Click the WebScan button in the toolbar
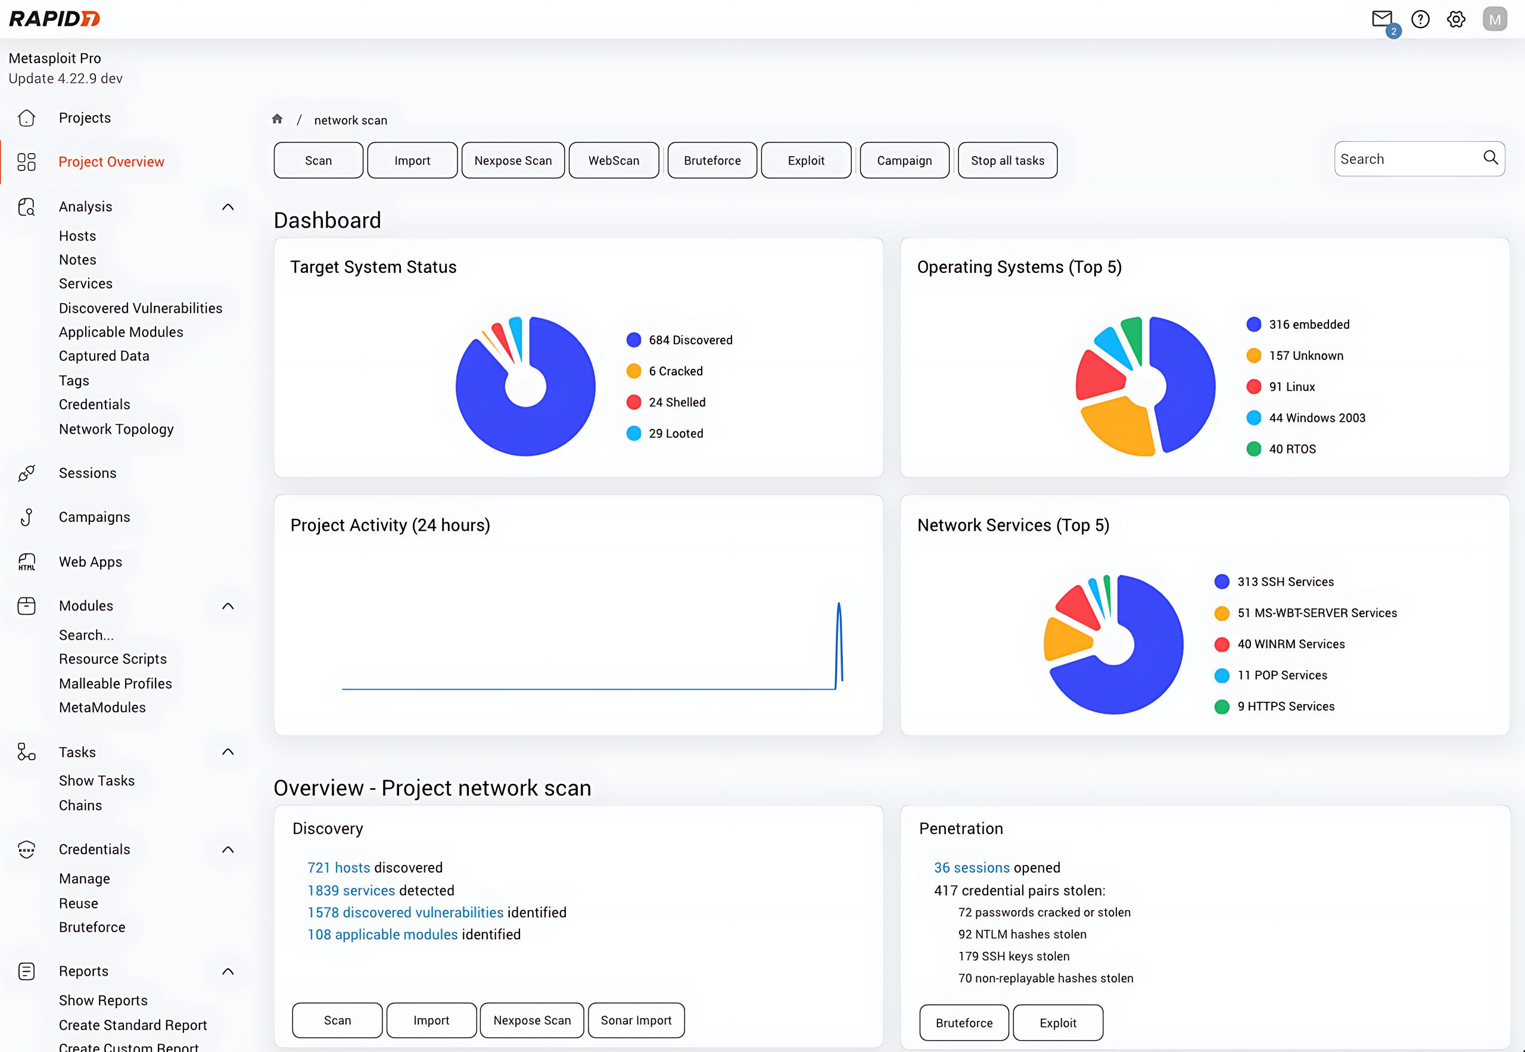click(614, 160)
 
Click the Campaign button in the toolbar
click(904, 160)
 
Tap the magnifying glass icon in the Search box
click(1490, 157)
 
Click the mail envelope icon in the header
click(1381, 18)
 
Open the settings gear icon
click(1456, 19)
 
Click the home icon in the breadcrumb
click(278, 119)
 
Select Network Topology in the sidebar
click(116, 429)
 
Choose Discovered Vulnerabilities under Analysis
click(141, 308)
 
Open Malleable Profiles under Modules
click(116, 683)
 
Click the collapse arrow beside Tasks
click(228, 752)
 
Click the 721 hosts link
click(339, 867)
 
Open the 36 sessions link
click(972, 867)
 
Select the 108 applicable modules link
click(382, 934)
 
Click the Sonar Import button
click(636, 1020)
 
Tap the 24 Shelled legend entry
click(676, 402)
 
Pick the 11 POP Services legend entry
click(1281, 675)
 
